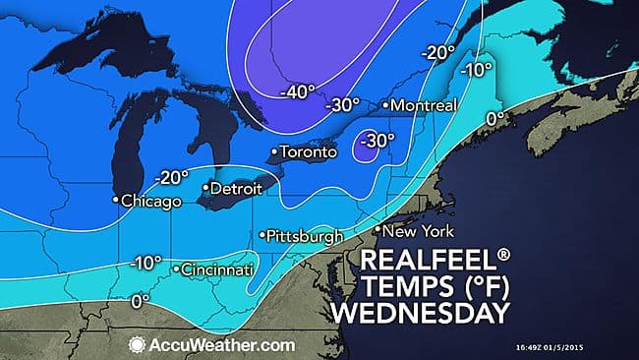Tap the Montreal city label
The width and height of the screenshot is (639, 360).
click(x=422, y=104)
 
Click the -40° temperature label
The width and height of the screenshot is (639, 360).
click(x=297, y=92)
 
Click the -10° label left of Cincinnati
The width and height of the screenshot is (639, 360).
click(x=145, y=264)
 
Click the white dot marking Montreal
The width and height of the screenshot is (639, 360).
click(x=385, y=104)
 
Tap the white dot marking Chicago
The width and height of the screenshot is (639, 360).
click(x=115, y=201)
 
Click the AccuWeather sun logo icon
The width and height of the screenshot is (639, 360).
click(x=137, y=345)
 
